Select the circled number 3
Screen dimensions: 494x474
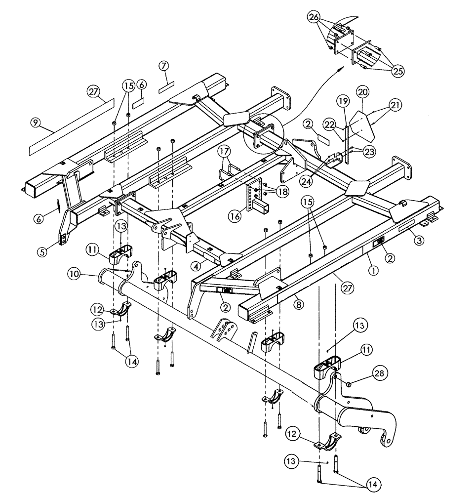pyautogui.click(x=418, y=241)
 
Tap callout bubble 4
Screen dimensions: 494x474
pyautogui.click(x=196, y=266)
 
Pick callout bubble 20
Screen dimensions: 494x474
pyautogui.click(x=363, y=92)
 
